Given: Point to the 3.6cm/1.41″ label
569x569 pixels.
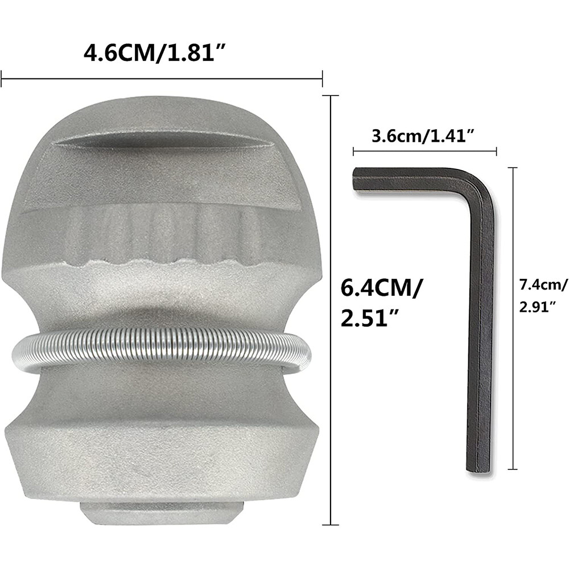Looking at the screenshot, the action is click(423, 137).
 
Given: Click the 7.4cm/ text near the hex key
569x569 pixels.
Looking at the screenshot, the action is click(543, 286).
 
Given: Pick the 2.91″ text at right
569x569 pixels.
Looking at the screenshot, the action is click(538, 307).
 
